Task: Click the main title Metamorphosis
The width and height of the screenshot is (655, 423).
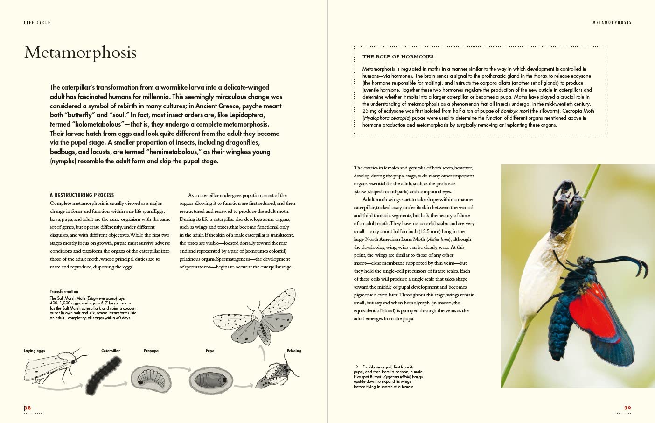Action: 80,52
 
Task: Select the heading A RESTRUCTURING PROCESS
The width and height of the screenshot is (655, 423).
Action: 82,195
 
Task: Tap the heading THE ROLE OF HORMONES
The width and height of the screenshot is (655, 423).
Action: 398,56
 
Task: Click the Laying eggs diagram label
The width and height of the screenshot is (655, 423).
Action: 35,351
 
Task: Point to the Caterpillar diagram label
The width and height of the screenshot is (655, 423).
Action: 111,351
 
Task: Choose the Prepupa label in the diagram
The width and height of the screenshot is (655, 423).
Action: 151,351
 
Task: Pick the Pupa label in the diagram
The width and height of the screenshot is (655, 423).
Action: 210,351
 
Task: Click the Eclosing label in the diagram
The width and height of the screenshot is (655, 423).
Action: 294,351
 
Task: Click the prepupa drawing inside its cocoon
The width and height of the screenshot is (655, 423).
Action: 150,377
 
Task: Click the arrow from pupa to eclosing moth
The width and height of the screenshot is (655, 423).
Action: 243,386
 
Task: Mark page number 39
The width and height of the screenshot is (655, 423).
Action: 627,408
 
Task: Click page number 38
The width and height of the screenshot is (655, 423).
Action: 28,408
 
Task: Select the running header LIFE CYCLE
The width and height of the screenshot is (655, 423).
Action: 37,22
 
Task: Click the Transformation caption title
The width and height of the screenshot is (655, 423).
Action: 64,292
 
